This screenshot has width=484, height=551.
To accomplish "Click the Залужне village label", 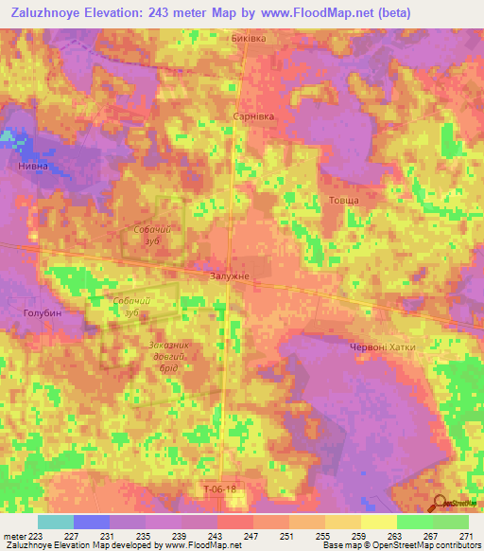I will click(x=231, y=275).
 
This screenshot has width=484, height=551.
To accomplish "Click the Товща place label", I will click(x=343, y=200).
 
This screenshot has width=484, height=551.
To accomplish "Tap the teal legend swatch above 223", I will click(x=56, y=522).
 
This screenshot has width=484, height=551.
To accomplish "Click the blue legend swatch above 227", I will click(x=92, y=522).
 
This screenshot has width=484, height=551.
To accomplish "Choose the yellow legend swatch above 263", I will click(x=378, y=522).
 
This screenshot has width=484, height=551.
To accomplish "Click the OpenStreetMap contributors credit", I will click(x=425, y=545).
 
